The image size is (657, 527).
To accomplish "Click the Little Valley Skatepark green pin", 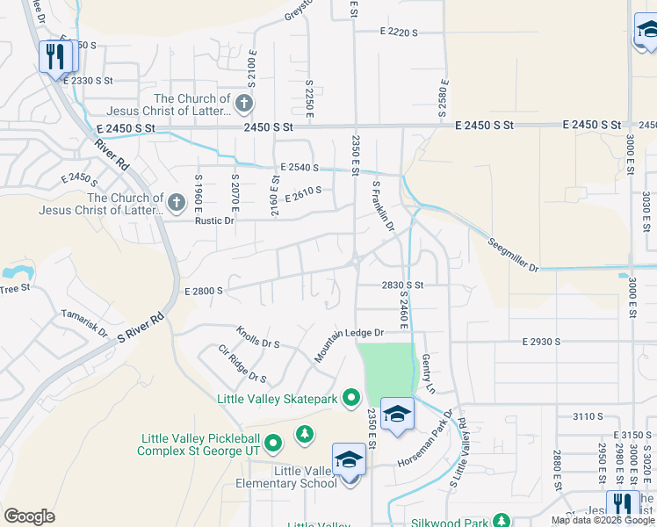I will [x=351, y=399].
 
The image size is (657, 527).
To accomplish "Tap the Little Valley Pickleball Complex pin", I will [x=273, y=444].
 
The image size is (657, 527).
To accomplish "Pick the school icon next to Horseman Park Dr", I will [x=397, y=415].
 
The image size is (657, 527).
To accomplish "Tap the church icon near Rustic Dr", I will [x=177, y=204].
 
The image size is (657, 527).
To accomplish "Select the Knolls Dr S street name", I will [x=257, y=338].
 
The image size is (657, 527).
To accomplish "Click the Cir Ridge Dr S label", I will [x=242, y=365].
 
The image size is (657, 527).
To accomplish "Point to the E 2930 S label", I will [x=540, y=340].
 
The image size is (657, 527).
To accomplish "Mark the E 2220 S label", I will [x=399, y=32].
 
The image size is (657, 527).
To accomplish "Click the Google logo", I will [x=29, y=516].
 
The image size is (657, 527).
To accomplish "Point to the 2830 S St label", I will [x=402, y=285].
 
